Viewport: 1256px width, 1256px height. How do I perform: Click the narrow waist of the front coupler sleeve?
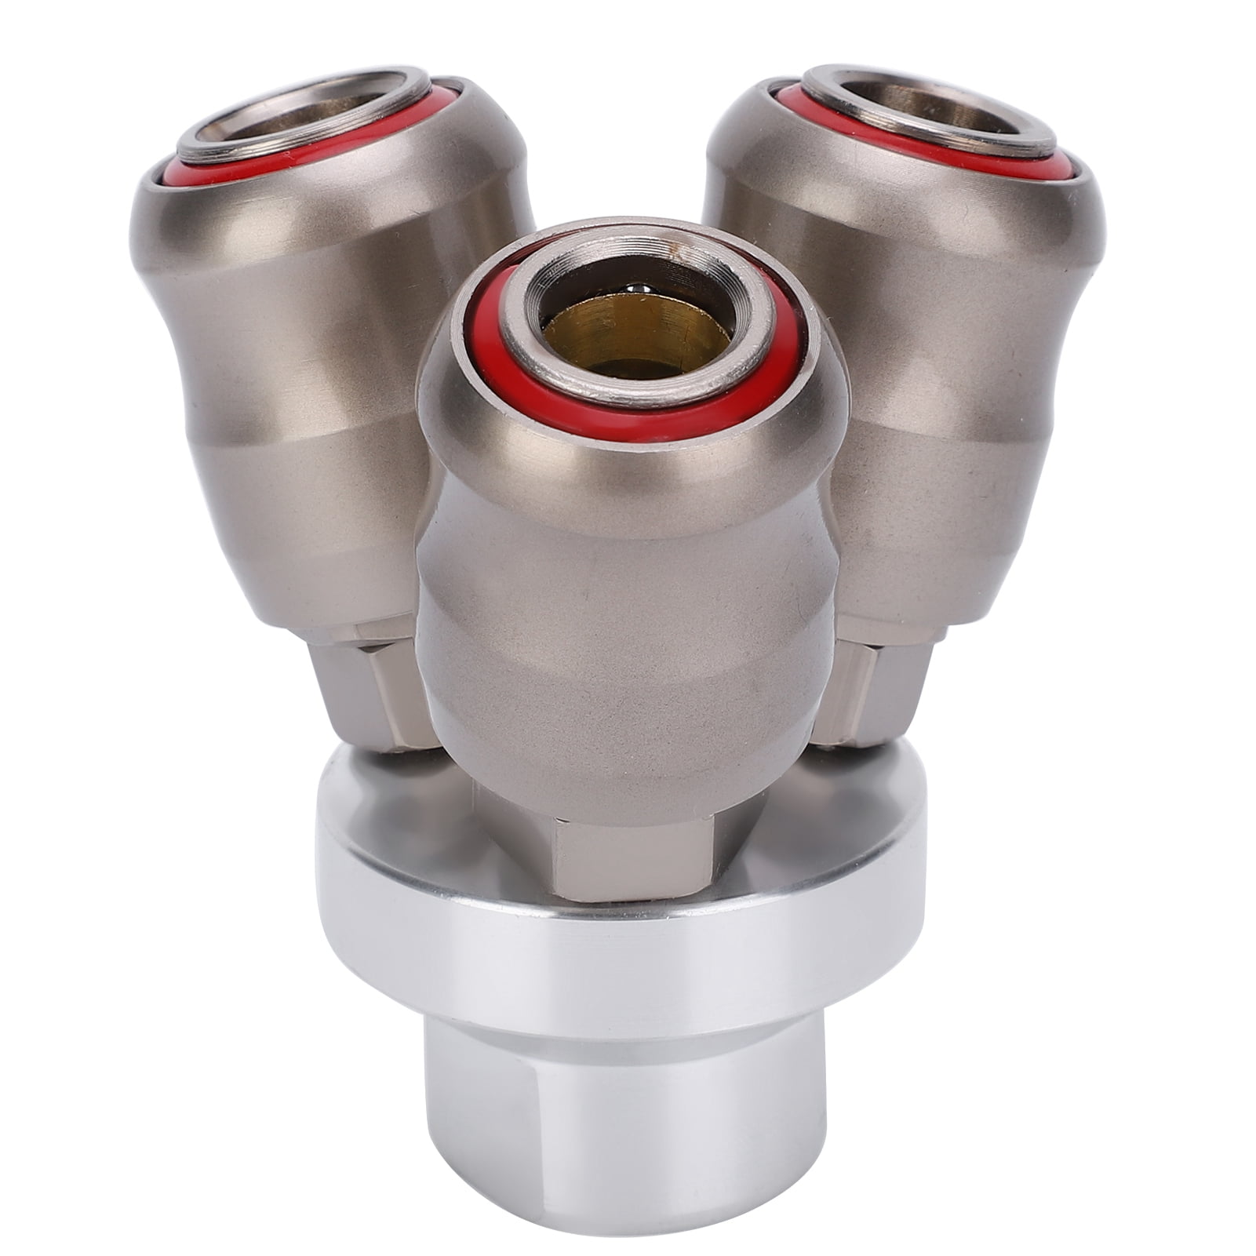pos(628,510)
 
